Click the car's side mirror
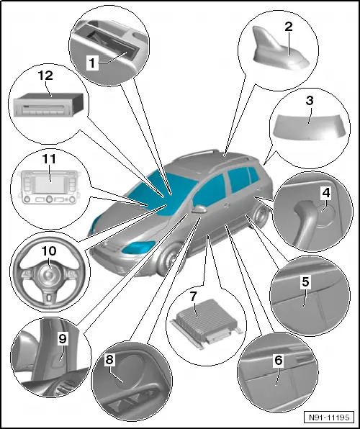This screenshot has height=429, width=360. pos(199,210)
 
